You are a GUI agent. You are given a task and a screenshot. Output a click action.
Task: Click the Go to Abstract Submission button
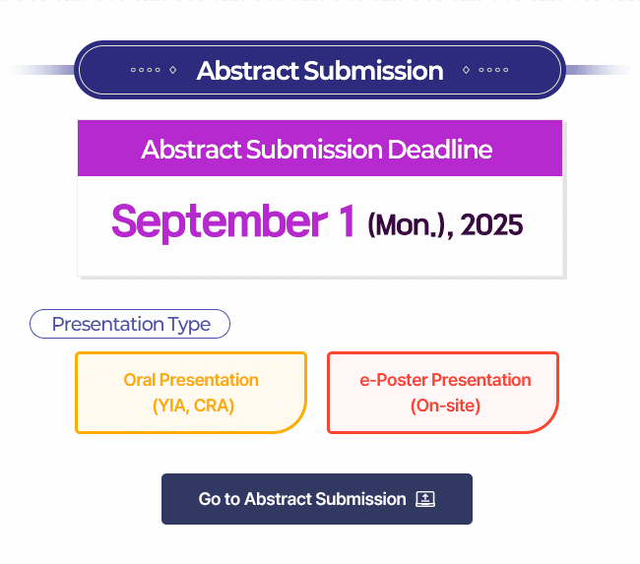317,499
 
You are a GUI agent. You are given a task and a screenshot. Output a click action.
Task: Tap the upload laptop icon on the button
425,499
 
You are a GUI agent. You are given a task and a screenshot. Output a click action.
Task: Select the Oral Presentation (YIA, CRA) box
191,392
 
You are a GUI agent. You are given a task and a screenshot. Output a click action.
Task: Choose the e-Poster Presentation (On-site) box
443,392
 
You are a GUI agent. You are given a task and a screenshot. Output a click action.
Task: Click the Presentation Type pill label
130,324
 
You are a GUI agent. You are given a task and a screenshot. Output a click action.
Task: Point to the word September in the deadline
220,222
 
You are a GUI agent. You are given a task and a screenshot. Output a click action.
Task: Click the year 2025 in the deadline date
491,224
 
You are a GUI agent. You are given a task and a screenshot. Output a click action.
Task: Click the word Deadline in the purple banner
439,150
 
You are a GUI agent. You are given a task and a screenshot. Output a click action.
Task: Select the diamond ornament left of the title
173,70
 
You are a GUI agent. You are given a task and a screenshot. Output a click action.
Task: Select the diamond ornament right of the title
466,70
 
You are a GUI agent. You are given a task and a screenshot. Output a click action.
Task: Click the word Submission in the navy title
373,71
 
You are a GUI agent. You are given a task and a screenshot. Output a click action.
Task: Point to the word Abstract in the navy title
248,71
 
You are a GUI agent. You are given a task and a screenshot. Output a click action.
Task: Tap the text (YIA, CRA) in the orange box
193,406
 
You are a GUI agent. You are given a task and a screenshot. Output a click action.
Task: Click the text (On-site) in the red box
445,406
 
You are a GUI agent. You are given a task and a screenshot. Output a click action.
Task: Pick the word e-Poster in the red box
394,380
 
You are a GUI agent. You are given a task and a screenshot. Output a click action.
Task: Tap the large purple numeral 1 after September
347,220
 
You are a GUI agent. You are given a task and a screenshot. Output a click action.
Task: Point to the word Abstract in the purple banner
191,150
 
